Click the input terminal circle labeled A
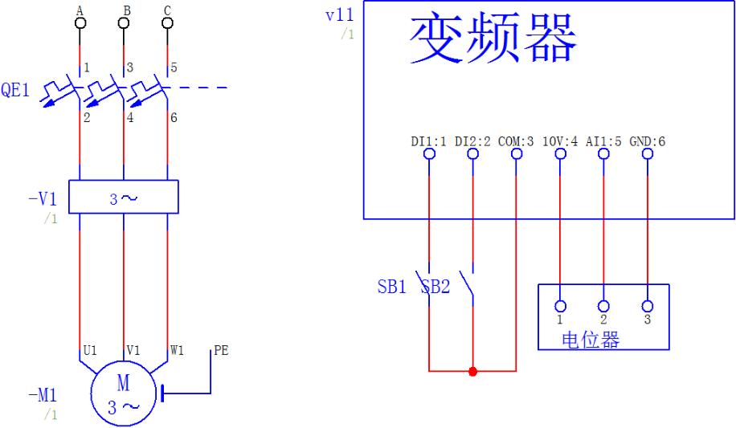[x=80, y=22]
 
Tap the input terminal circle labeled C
[x=167, y=22]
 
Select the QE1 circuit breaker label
[x=15, y=91]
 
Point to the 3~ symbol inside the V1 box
[x=123, y=198]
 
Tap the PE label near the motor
[x=220, y=351]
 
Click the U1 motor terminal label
[x=90, y=351]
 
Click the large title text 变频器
[x=493, y=39]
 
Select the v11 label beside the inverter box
[x=340, y=15]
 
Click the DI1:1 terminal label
[x=428, y=141]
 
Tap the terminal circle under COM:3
[x=516, y=154]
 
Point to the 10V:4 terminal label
[x=560, y=141]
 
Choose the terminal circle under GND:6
[x=648, y=154]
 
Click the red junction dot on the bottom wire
[x=472, y=371]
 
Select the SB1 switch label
[x=392, y=287]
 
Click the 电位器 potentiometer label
[x=591, y=340]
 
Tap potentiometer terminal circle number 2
[x=603, y=306]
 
